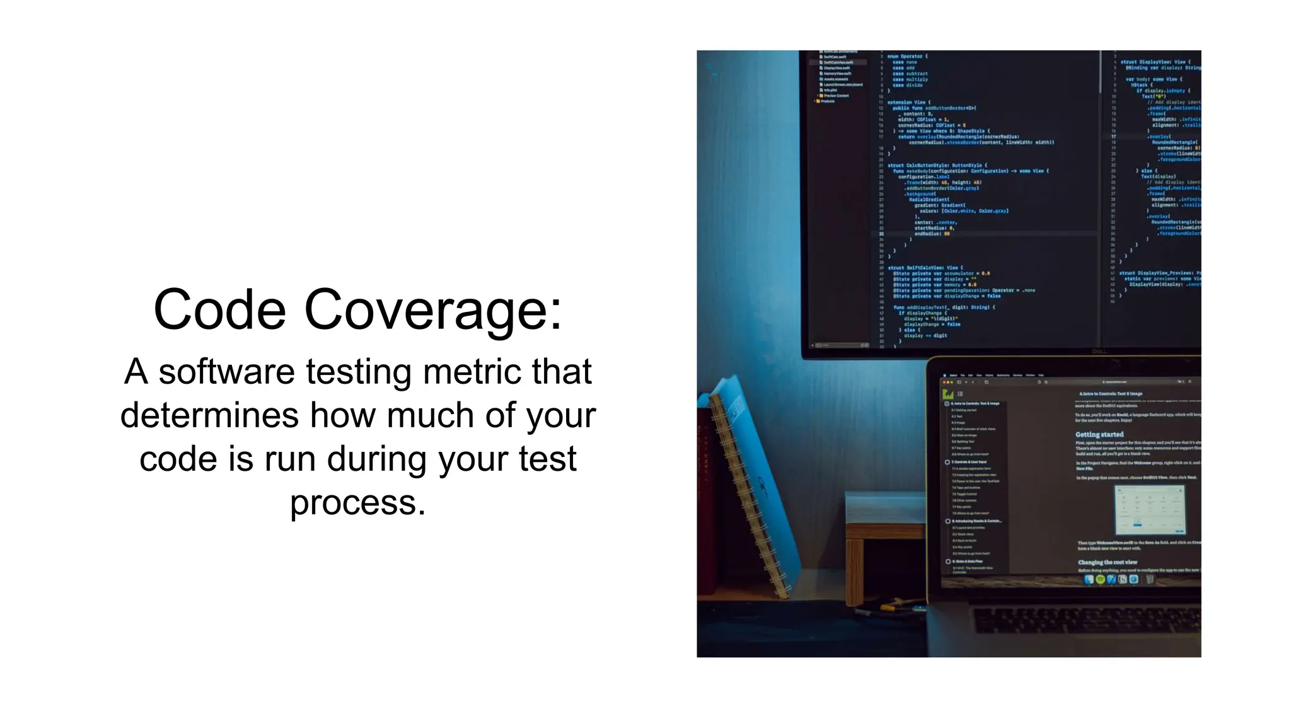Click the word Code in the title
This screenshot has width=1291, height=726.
(x=220, y=309)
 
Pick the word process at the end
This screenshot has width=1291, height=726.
(x=357, y=502)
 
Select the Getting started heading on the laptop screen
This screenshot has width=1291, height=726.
(x=1099, y=434)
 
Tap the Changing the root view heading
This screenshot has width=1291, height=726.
(x=1108, y=562)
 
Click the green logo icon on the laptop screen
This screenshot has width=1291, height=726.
(x=947, y=394)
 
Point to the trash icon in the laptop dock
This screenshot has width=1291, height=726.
(x=1149, y=579)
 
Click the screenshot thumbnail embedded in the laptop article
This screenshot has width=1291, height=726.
(x=1150, y=509)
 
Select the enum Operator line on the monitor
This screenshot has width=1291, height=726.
(x=907, y=57)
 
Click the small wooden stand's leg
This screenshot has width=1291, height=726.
(x=854, y=570)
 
